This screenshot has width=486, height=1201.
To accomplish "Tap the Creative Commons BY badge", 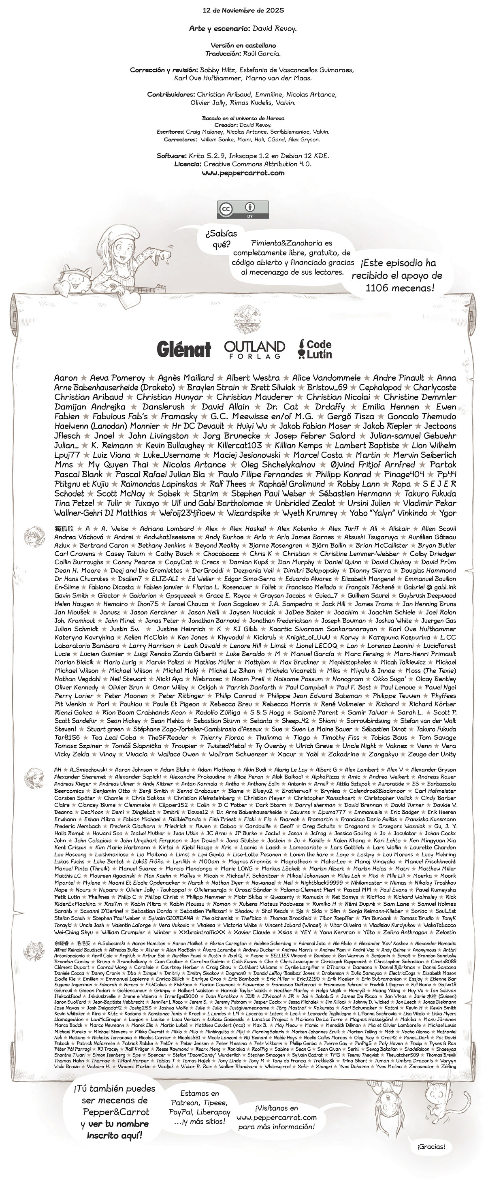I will point(243,209).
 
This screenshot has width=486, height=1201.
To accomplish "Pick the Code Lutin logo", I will point(315,349).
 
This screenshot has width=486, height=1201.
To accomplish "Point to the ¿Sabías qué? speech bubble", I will point(219,238).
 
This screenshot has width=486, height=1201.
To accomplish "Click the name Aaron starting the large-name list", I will point(66,378).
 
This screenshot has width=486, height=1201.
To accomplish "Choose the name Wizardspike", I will point(249,513).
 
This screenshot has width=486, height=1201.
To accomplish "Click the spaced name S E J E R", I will point(439,484).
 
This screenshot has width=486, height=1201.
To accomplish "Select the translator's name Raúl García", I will point(262,53).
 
